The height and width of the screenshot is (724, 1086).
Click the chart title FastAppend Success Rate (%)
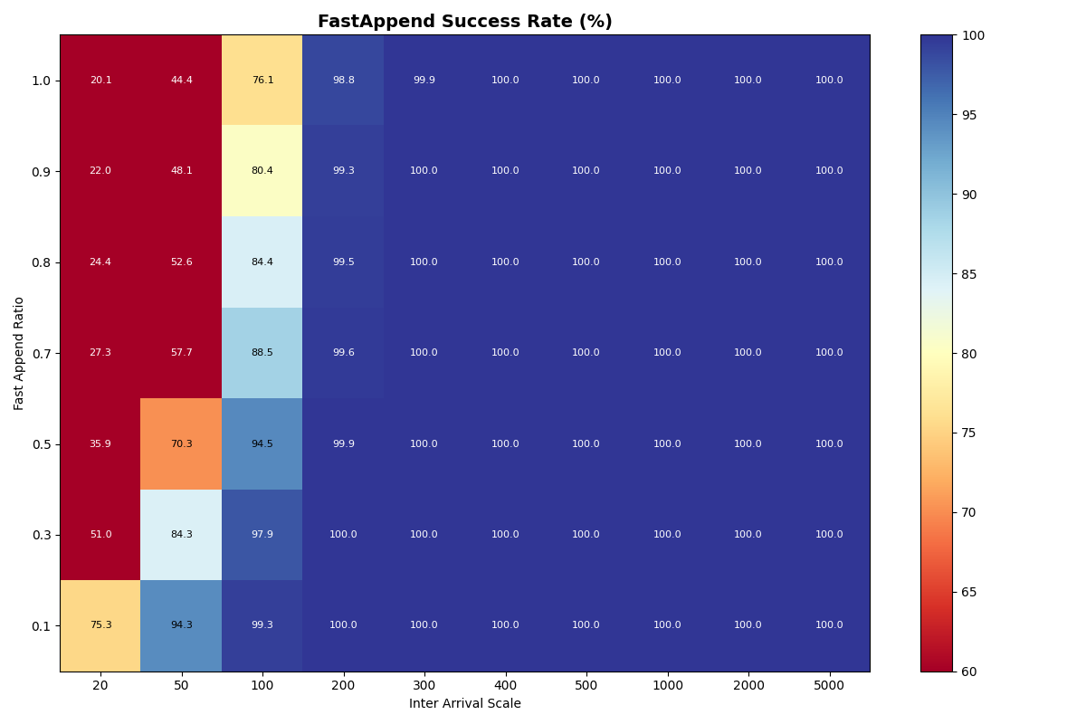pos(464,22)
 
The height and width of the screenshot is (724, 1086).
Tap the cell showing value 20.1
pos(100,81)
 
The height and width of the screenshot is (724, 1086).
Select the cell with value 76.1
pos(262,81)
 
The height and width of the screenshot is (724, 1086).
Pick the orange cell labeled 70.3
pos(181,444)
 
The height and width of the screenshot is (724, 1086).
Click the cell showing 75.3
pos(100,625)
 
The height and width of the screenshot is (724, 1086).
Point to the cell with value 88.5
pos(262,353)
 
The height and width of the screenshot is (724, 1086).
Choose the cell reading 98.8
pos(343,81)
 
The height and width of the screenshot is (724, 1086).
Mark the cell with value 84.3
pos(181,535)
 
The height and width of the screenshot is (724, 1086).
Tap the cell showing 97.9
pos(262,535)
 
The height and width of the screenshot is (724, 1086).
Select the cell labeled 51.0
pos(100,535)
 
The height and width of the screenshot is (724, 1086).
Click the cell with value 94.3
pos(181,625)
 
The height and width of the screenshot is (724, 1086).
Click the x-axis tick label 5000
pos(829,686)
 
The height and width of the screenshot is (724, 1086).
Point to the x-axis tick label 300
pos(424,686)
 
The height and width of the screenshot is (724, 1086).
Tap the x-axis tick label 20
pos(100,686)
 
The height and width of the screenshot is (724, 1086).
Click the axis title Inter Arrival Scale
pos(464,704)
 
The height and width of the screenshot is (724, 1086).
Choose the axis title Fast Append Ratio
pos(19,353)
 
